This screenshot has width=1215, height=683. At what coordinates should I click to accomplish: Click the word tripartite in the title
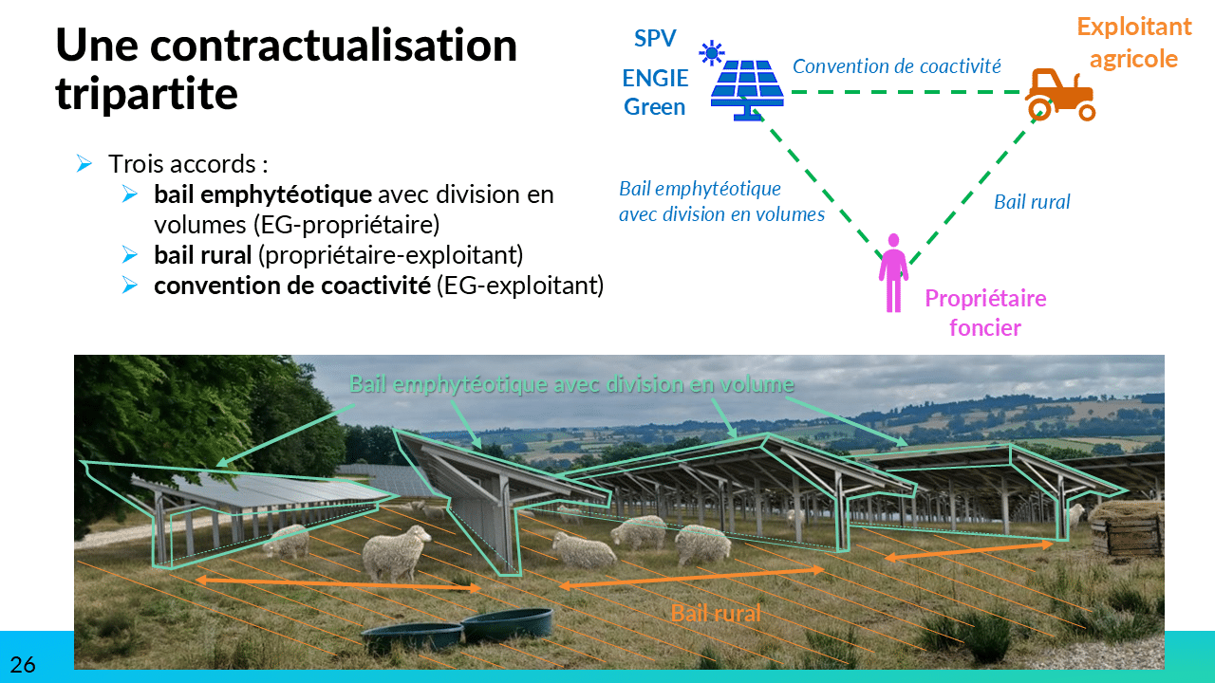(146, 94)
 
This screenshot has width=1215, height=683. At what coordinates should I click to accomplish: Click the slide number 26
(22, 665)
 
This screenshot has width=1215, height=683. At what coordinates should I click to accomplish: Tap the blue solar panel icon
(747, 90)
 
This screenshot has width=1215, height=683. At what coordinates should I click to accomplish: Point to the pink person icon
(893, 273)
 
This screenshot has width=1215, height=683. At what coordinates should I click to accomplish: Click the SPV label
(655, 39)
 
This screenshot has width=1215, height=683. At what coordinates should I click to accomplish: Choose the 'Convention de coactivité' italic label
(897, 66)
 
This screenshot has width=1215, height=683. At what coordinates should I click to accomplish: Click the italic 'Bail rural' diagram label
(1032, 202)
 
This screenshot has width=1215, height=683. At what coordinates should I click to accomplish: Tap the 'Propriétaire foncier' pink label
(985, 313)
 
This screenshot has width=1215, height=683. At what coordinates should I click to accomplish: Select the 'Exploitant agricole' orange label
(1134, 43)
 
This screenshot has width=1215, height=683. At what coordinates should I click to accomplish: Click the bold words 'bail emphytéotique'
(263, 195)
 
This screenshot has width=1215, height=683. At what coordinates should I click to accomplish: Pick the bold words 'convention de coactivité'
(291, 286)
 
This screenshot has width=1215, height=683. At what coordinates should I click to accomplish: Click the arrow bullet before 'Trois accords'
(84, 163)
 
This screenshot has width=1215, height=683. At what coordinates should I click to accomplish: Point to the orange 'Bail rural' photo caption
(716, 614)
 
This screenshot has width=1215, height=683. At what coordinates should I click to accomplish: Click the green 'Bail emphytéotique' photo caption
(571, 384)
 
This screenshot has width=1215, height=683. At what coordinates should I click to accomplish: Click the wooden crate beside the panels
(1126, 528)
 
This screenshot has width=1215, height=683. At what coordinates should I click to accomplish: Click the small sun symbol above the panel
(712, 53)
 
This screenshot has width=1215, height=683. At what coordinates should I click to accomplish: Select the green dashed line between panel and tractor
(907, 92)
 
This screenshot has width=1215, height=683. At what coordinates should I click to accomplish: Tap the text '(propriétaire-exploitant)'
(390, 255)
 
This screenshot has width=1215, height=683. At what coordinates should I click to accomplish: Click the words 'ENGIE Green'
(655, 93)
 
